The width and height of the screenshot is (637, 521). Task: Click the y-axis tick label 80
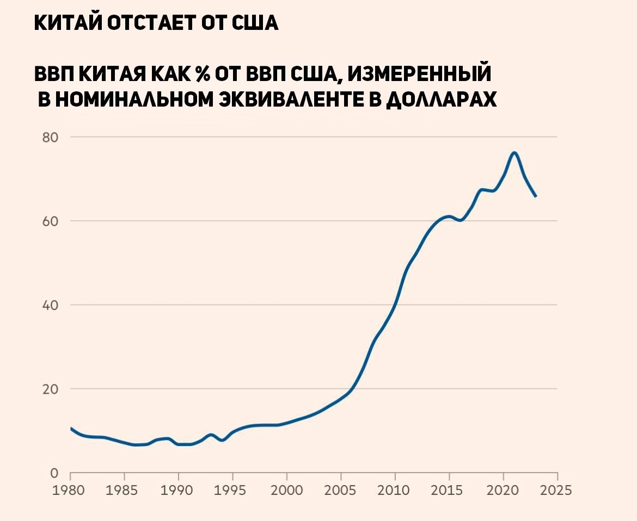point(51,137)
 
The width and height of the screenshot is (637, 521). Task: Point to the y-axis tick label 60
point(51,221)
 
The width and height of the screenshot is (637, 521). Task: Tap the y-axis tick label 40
point(51,305)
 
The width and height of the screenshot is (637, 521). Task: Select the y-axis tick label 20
point(51,389)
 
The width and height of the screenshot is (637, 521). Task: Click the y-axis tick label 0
point(54,473)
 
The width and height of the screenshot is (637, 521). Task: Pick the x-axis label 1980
point(71,491)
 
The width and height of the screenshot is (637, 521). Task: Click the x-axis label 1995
point(233,491)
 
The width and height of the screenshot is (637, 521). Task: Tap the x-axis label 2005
point(341,491)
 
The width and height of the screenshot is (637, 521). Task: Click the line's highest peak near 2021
point(514,152)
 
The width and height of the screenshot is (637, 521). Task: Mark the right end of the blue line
point(536,196)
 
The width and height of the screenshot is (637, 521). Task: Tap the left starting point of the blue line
point(71,429)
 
